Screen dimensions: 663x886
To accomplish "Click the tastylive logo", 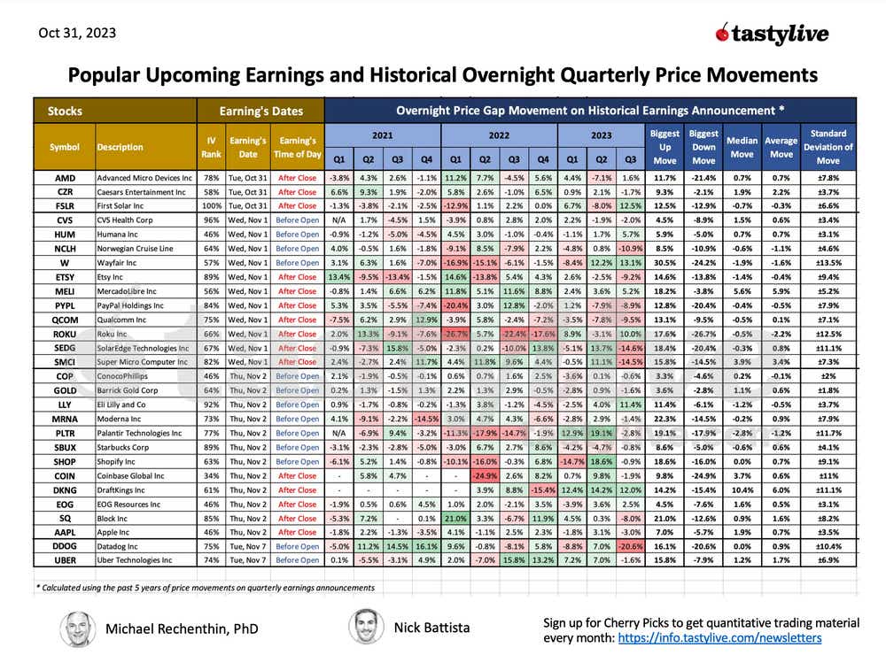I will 772,34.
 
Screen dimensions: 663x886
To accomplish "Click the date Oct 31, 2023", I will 77,34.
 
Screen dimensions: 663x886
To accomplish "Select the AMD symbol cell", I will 64,178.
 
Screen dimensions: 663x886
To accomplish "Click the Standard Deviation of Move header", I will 826,147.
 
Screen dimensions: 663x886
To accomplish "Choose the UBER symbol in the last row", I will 64,560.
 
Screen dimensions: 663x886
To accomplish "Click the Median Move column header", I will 742,147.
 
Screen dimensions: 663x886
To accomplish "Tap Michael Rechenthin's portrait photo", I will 78,629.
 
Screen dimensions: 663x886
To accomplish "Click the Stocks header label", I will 66,112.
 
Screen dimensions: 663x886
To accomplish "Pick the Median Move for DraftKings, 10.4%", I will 742,490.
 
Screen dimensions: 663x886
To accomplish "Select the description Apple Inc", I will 114,532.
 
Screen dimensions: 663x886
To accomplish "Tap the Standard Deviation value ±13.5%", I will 826,262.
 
